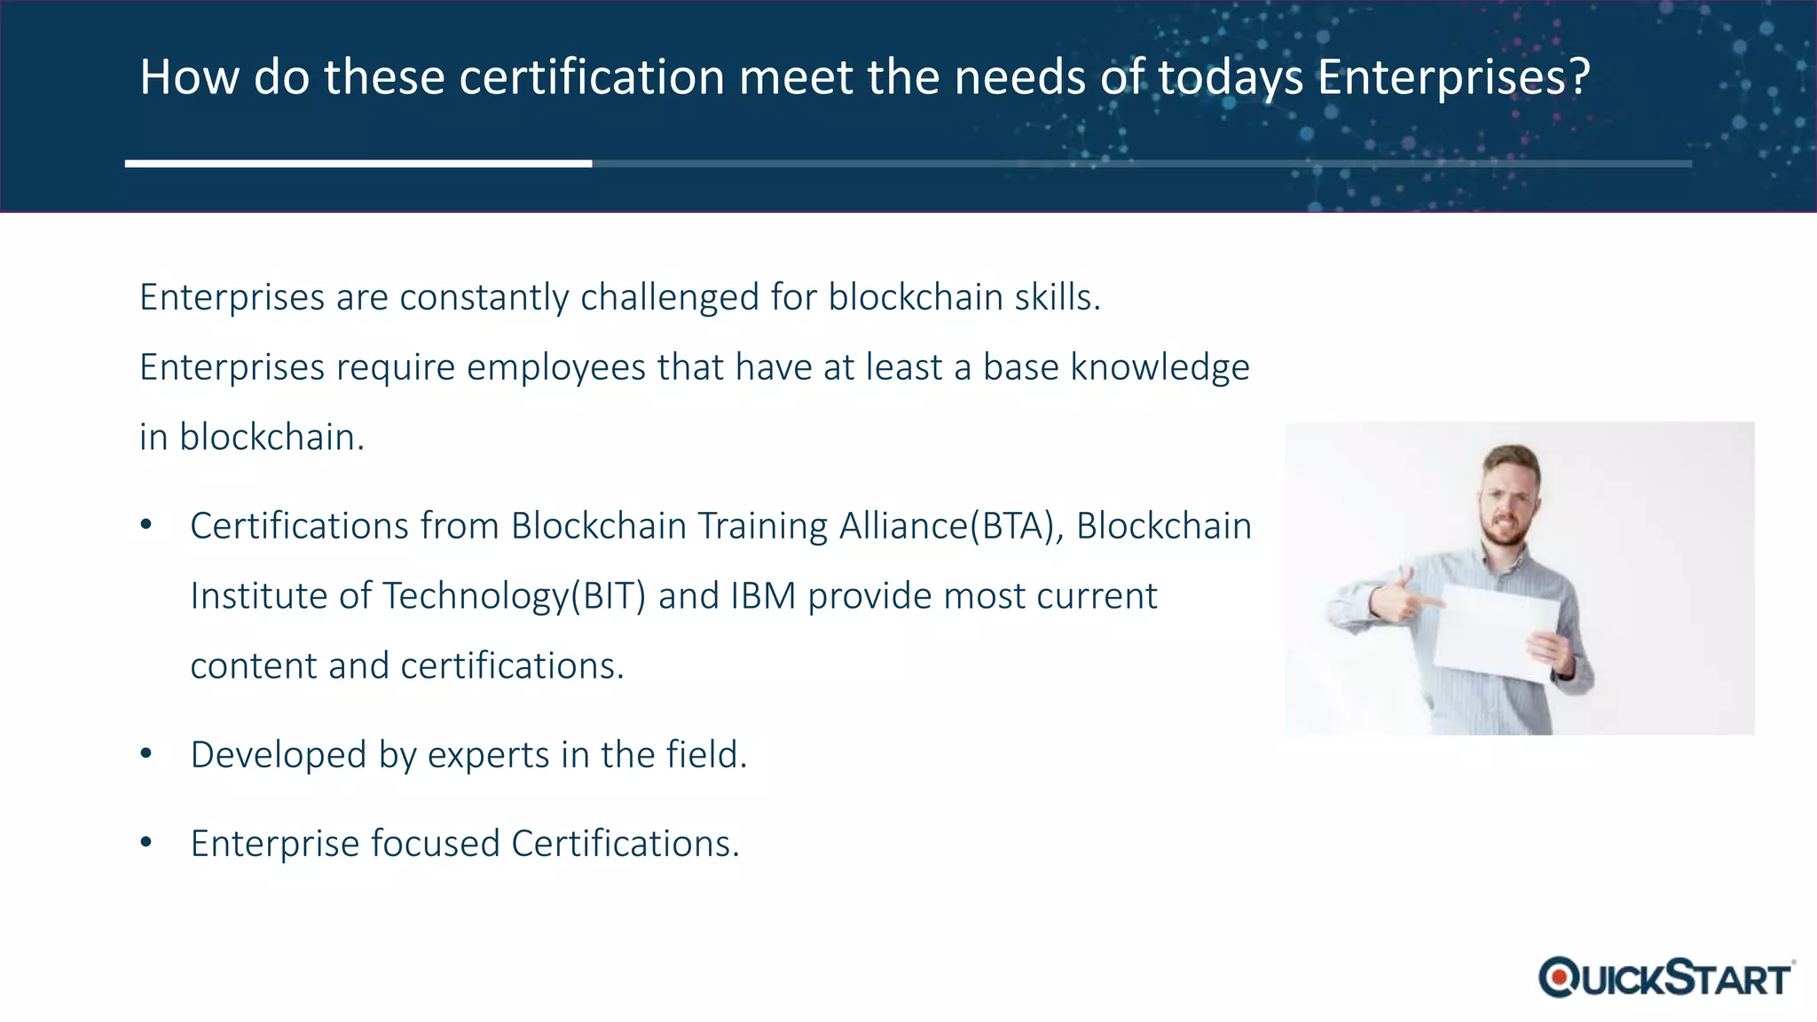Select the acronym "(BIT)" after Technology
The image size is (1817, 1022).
[607, 596]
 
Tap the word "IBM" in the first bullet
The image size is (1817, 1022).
[763, 596]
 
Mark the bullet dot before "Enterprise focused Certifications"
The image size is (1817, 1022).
[146, 843]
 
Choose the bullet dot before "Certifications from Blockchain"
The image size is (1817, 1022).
[146, 525]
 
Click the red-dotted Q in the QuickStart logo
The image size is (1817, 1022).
[1558, 978]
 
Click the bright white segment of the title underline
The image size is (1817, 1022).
[358, 163]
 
